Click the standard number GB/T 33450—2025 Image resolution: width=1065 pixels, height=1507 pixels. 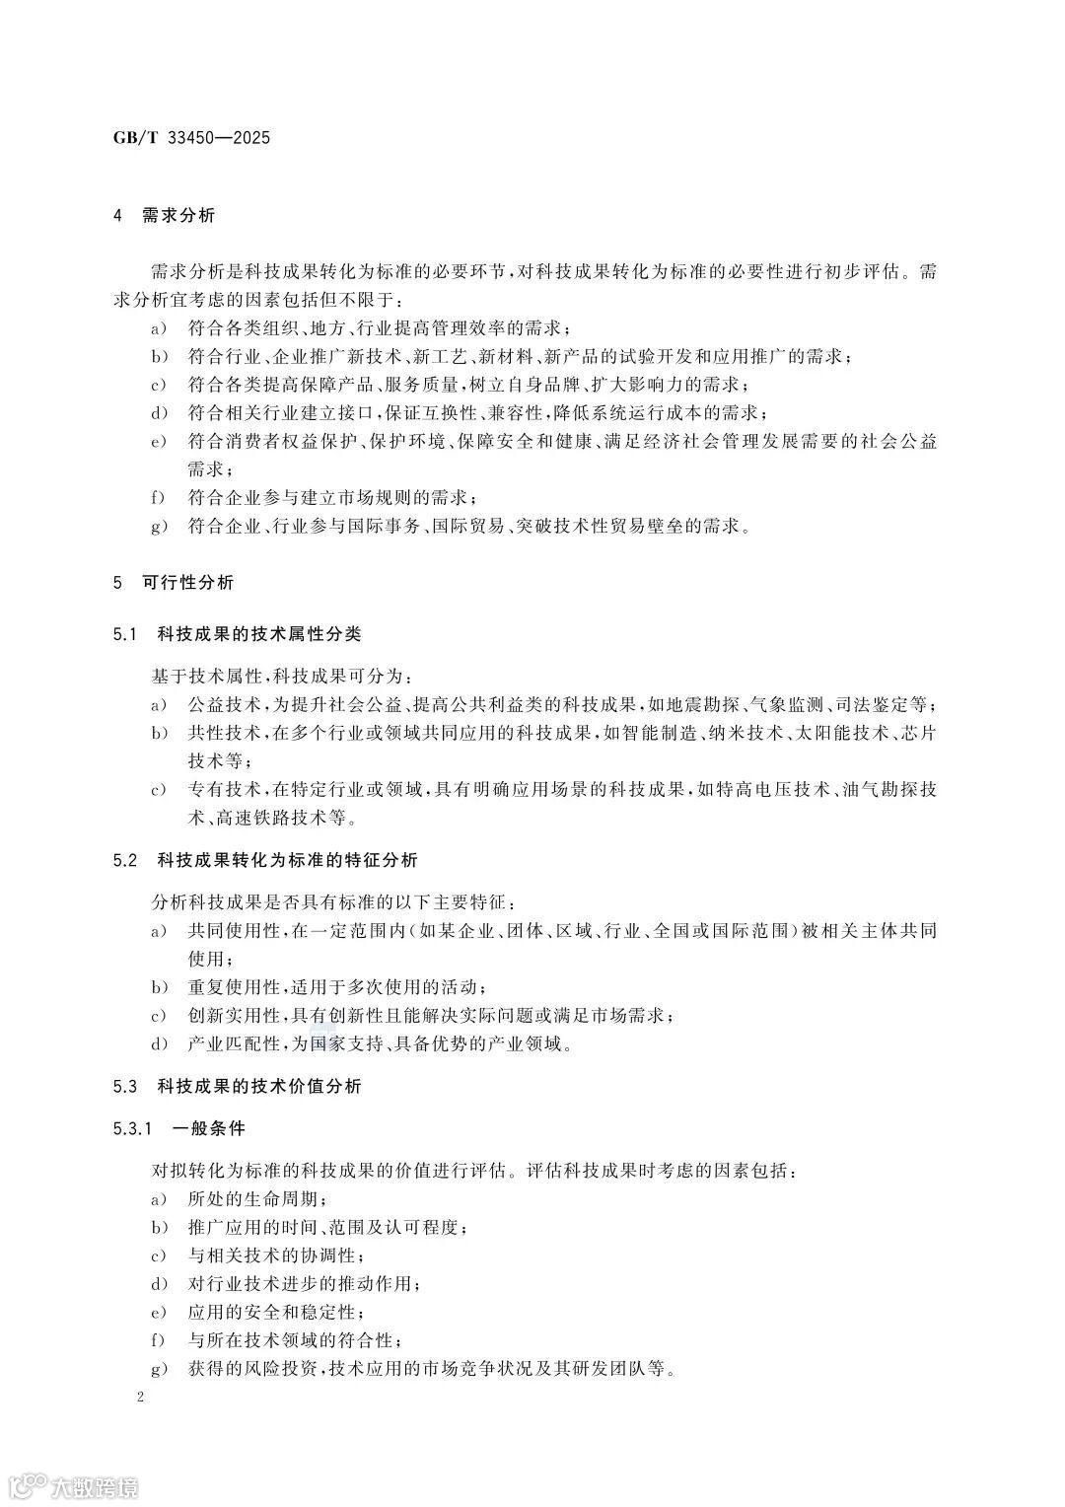pyautogui.click(x=191, y=137)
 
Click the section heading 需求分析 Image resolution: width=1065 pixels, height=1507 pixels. pyautogui.click(x=177, y=215)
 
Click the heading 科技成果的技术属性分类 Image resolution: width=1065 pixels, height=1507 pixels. pyautogui.click(x=259, y=633)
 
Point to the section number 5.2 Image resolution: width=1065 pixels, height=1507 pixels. pyautogui.click(x=124, y=860)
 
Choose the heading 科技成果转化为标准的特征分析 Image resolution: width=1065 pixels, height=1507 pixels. pyautogui.click(x=287, y=860)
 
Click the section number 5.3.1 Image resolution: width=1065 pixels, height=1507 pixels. pyautogui.click(x=133, y=1127)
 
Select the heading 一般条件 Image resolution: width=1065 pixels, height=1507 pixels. pyautogui.click(x=208, y=1127)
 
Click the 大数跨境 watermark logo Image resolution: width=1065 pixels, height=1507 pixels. pyautogui.click(x=73, y=1484)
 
